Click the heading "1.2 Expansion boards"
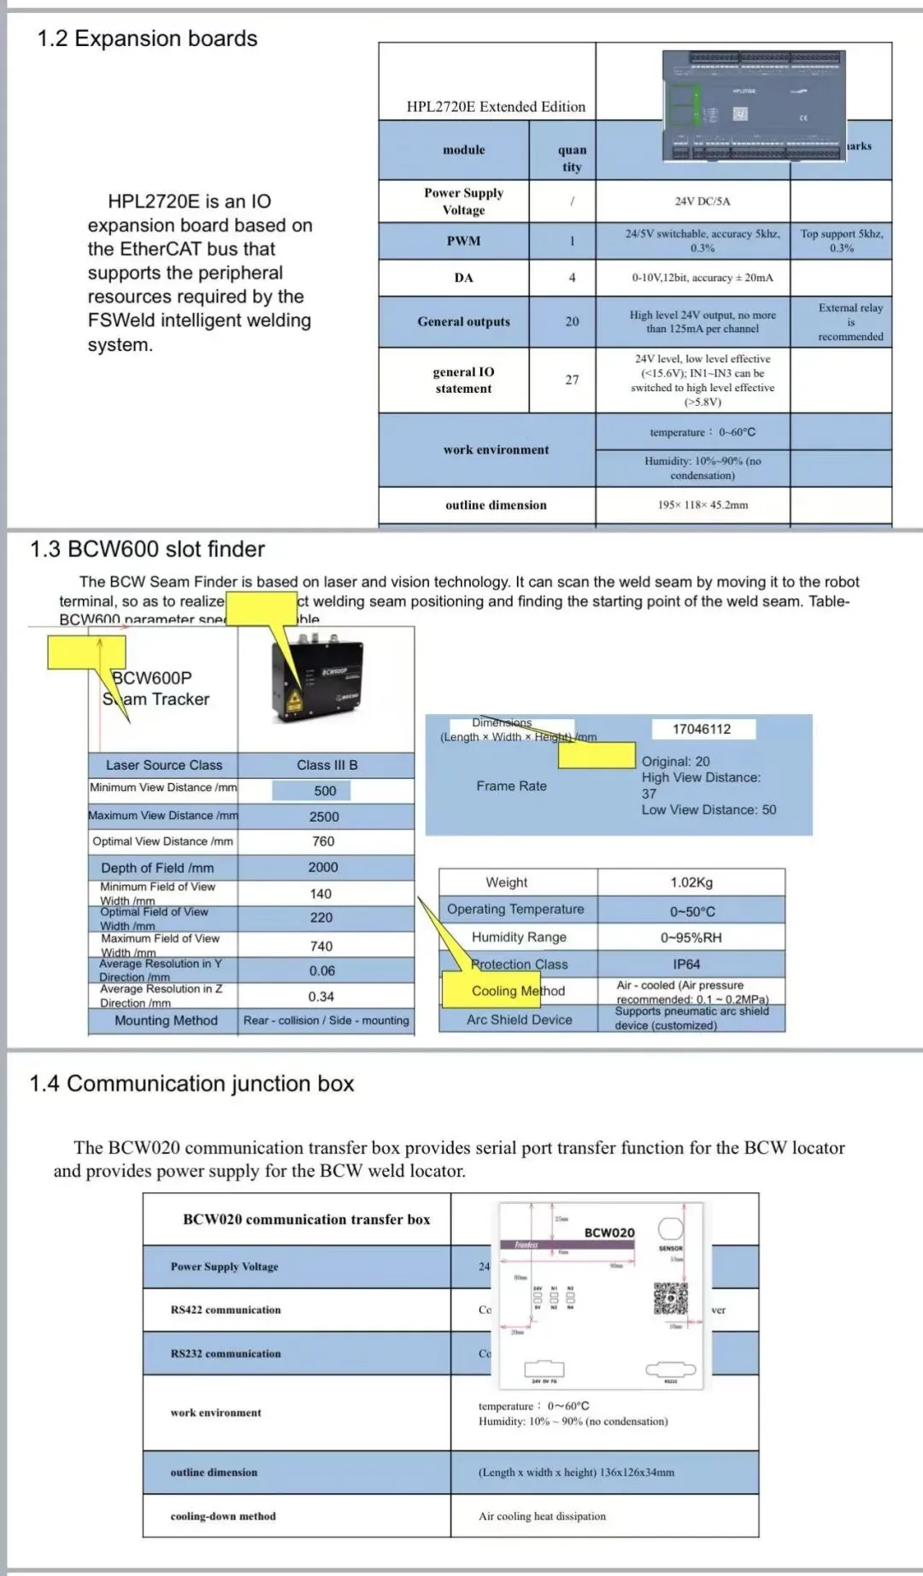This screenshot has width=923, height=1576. coord(147,38)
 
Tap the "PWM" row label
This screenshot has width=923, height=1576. coord(463,241)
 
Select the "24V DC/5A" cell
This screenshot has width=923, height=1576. coord(702,202)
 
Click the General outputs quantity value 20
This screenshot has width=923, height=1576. coord(572,321)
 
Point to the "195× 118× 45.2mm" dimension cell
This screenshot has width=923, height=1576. coord(703,505)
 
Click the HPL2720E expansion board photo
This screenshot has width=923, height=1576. coord(754,105)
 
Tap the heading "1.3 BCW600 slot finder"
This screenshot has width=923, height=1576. coord(147,549)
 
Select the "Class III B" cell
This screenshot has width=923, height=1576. coord(326,765)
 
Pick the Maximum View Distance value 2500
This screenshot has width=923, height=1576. coord(324,817)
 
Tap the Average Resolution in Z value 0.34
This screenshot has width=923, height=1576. coord(321,997)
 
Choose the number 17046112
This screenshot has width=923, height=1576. coord(702,729)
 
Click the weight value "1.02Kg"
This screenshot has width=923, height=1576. coord(691,882)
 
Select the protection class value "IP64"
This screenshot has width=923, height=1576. coord(686,964)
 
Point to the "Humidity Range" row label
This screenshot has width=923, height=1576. coord(519,937)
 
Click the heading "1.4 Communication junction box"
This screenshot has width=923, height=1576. coord(191,1084)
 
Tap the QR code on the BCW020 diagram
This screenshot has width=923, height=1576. coord(671,1298)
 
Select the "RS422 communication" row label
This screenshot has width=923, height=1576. coord(226,1309)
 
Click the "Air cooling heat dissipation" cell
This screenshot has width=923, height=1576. coord(542,1516)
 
